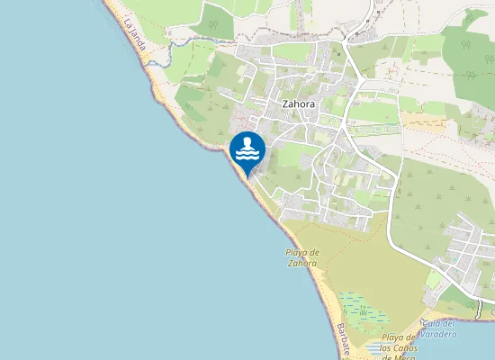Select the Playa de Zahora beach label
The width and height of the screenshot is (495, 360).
pos(301,258)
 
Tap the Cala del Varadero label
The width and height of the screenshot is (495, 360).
pos(439,328)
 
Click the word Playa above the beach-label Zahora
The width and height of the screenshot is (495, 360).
pos(302,253)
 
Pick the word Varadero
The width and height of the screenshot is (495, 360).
pos(439,334)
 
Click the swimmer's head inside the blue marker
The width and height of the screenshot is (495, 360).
pos(247,142)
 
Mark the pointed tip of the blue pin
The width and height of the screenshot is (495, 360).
pos(247,172)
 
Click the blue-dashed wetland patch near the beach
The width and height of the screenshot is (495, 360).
pos(364,310)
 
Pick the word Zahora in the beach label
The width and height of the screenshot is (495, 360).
pos(301,264)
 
